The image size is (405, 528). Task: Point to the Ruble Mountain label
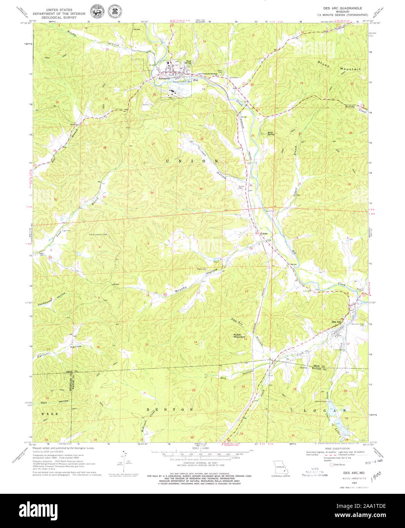tap(240, 336)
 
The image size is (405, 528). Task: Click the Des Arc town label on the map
tap(336, 322)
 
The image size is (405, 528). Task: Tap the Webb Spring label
tap(270, 133)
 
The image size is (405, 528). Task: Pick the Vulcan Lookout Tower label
tap(98, 234)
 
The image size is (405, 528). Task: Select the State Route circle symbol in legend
tap(331, 465)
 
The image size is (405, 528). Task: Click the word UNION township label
tap(192, 161)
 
